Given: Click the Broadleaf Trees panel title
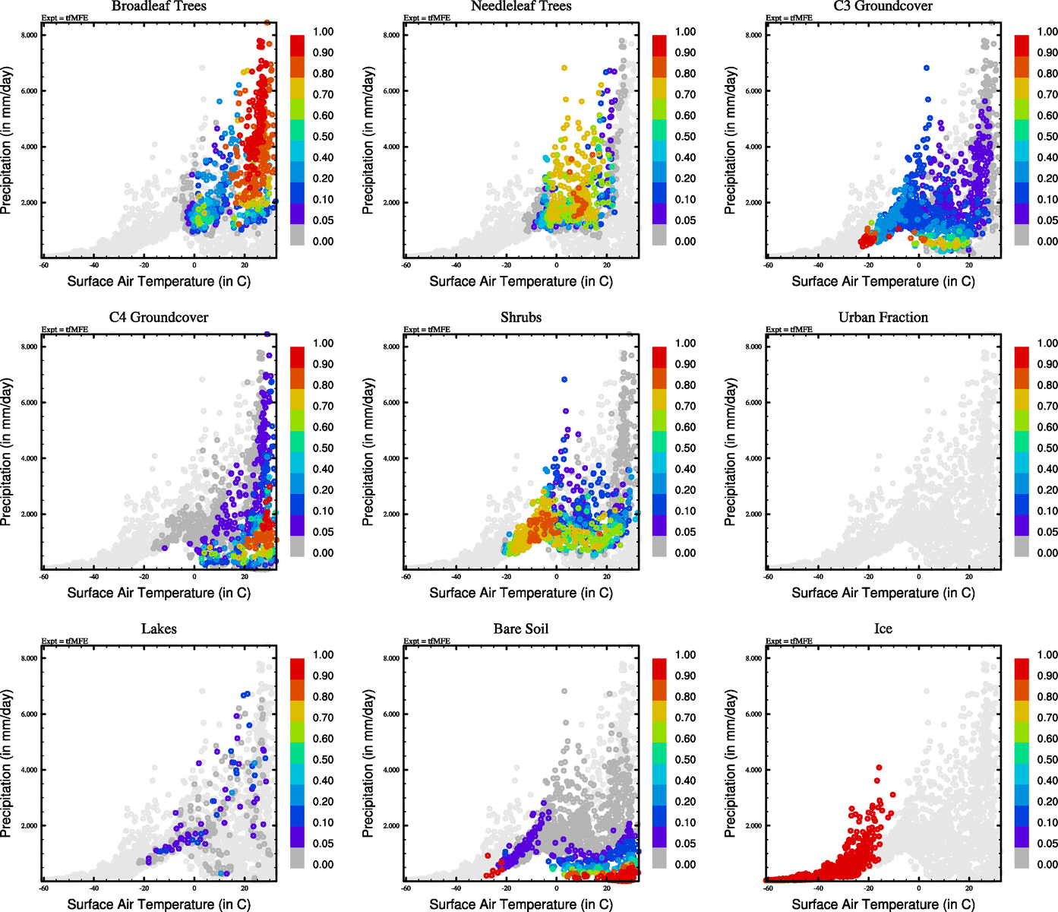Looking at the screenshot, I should (159, 6).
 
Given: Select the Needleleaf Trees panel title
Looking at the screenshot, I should (520, 6).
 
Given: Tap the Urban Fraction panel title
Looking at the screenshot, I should (883, 318).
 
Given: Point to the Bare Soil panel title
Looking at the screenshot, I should (520, 629).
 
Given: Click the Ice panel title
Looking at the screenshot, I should (883, 629).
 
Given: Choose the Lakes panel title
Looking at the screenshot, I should (159, 629).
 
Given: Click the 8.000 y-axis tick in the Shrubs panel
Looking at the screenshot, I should (391, 347).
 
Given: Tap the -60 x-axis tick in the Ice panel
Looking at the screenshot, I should (768, 888).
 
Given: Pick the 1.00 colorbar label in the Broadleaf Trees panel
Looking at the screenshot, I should (323, 32).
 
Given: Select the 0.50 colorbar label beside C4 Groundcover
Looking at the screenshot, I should (323, 448).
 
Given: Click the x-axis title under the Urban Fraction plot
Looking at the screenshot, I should (883, 593).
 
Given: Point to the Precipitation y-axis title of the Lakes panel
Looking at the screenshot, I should (7, 764).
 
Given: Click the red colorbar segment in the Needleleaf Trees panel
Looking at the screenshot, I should (659, 46).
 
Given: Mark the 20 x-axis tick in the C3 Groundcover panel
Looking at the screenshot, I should (969, 265).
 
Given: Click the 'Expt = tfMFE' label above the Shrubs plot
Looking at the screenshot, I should (427, 330).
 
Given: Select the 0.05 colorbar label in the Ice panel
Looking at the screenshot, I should (1047, 844).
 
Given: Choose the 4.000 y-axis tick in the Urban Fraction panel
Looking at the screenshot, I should (753, 458).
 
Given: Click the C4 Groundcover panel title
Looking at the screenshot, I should (159, 318).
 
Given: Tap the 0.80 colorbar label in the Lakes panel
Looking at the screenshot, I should (323, 697).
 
